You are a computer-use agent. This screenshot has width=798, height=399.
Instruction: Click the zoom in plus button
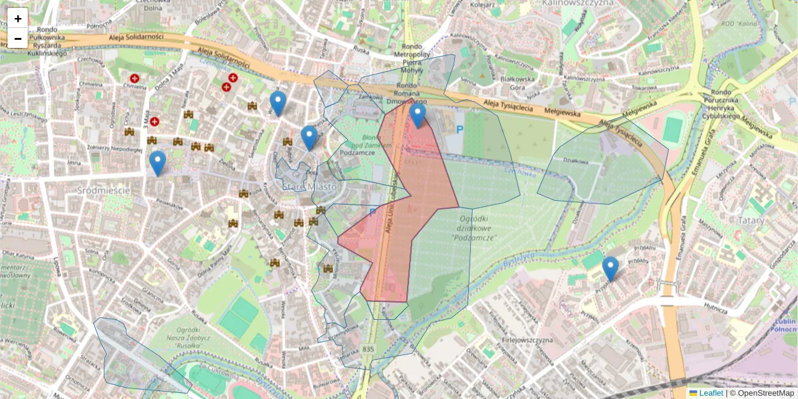pyautogui.click(x=17, y=18)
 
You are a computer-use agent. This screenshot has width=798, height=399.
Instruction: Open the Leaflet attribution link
pyautogui.click(x=710, y=393)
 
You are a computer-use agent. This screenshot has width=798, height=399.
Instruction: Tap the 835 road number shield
pyautogui.click(x=369, y=348)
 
